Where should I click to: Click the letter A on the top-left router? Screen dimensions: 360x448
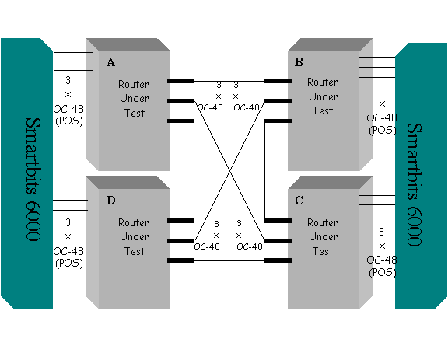click(x=110, y=62)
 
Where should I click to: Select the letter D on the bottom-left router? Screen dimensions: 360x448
click(x=110, y=201)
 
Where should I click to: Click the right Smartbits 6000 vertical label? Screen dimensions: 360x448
click(x=414, y=184)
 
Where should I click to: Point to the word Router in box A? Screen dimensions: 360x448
click(x=134, y=84)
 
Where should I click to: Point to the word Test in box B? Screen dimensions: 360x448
click(x=322, y=110)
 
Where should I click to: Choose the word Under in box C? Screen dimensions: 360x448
click(x=322, y=237)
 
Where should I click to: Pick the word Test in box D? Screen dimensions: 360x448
click(x=134, y=251)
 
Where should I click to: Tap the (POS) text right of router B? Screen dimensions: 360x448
click(x=382, y=130)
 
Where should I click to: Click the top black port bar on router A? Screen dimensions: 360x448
click(x=180, y=81)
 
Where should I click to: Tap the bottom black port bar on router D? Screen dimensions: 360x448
click(x=180, y=260)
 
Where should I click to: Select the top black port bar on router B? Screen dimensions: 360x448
click(x=278, y=81)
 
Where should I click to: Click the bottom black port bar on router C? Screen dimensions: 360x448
click(x=278, y=260)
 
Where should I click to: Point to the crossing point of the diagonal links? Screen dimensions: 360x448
click(x=229, y=170)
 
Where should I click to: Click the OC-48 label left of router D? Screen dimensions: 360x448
click(x=68, y=251)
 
